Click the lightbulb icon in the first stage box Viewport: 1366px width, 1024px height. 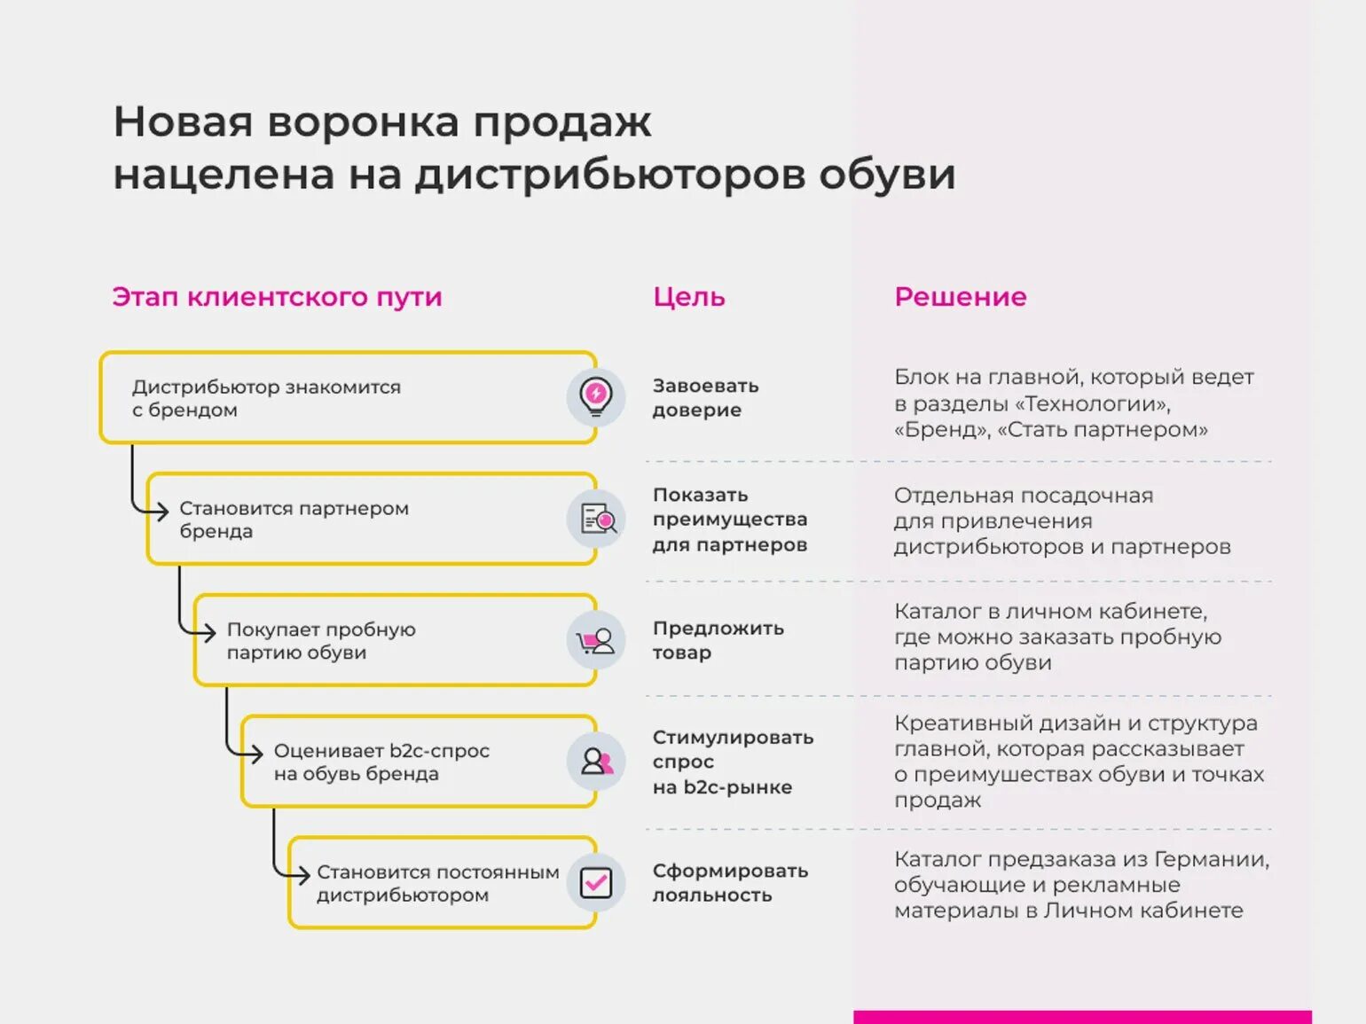coord(596,395)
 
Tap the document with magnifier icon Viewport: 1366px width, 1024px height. coord(597,519)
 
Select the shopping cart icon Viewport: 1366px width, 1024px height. coord(595,641)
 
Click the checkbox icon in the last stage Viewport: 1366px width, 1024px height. coord(596,882)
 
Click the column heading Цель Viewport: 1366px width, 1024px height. coord(688,297)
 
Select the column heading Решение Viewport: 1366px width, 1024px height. coord(960,297)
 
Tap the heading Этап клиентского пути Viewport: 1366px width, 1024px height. coord(277,297)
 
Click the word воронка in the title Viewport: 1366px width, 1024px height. coord(362,122)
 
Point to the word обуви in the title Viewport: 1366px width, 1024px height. coord(886,174)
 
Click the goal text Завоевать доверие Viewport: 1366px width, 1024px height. coord(705,397)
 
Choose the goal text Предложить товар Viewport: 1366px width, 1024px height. coord(718,640)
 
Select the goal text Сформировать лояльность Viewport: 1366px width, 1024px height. coord(730,882)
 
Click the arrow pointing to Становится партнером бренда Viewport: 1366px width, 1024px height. coord(160,511)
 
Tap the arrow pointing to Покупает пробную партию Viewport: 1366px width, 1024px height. coord(207,632)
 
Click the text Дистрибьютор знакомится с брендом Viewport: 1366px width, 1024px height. coord(266,398)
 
